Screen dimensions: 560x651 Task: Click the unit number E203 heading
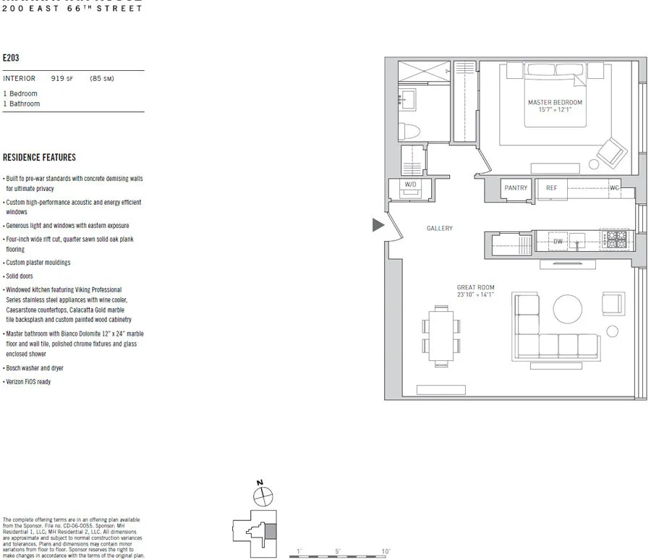11,57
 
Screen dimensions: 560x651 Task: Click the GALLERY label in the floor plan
439,229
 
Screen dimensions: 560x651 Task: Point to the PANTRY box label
516,188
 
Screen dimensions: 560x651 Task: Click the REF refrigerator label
551,188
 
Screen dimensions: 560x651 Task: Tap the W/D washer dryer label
410,185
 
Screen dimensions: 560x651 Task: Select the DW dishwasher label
558,242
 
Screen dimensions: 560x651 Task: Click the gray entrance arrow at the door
378,225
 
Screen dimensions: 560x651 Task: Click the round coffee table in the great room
567,310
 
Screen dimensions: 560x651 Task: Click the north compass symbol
263,496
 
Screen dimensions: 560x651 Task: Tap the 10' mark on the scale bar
386,551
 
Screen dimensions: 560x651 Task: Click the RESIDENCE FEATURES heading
39,158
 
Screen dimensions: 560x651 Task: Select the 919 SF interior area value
61,79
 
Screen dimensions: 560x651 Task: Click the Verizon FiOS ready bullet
27,382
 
